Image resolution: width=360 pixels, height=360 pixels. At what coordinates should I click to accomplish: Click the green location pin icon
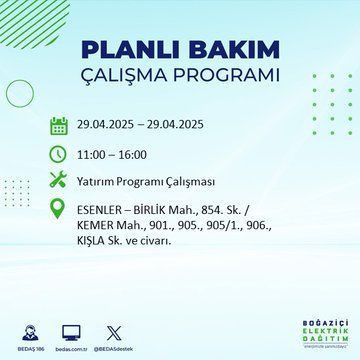pyautogui.click(x=59, y=214)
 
